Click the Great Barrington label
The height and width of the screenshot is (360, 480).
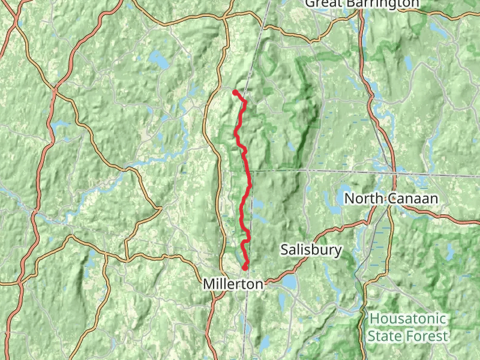362,4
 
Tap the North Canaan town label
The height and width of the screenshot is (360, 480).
391,199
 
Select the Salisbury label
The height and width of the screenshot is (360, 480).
311,250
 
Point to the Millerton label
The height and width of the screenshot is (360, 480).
233,284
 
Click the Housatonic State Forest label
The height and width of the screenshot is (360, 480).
408,327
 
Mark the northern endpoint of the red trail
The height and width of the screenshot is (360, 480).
234,91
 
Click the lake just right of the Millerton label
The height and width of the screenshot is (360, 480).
289,281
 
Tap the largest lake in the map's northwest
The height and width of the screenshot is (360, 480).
160,59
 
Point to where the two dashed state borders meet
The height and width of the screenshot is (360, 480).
251,171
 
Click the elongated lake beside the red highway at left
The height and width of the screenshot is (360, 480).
60,125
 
